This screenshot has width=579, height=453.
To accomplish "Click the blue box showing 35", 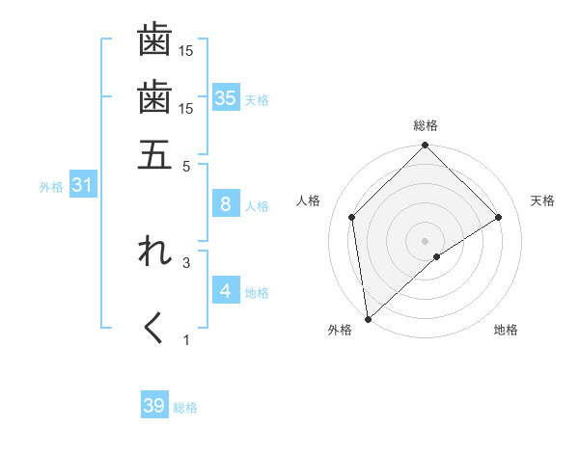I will pos(226,97).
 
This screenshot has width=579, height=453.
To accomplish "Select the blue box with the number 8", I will pos(226,203).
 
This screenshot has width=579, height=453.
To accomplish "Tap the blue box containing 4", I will pos(226,290).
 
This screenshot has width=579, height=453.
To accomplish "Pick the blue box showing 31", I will pos(82,185).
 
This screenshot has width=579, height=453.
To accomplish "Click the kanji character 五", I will pos(154,154).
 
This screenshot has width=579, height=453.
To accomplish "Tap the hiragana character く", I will pos(154,328).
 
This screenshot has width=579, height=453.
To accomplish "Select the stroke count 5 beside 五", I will pos(187,166).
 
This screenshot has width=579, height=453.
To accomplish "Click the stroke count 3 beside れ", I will pos(187,261).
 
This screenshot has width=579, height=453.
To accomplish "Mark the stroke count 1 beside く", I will pos(187,339).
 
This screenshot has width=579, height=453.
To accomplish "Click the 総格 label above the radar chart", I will pos(426,125).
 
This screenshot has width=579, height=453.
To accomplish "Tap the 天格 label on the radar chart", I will pos(543,200).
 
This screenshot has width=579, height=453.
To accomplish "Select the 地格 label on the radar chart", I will pos(506,331).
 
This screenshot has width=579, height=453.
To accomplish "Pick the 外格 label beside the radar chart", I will pos(340,331).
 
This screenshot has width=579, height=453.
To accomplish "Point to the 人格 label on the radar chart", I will pos(309,200).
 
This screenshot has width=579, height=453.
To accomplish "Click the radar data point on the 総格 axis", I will pos(426,147).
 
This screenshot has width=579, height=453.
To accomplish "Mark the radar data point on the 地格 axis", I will pos(437,256).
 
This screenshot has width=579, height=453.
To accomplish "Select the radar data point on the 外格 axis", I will pos(368,319).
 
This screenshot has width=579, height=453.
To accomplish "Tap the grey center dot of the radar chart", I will pos(426,240).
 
